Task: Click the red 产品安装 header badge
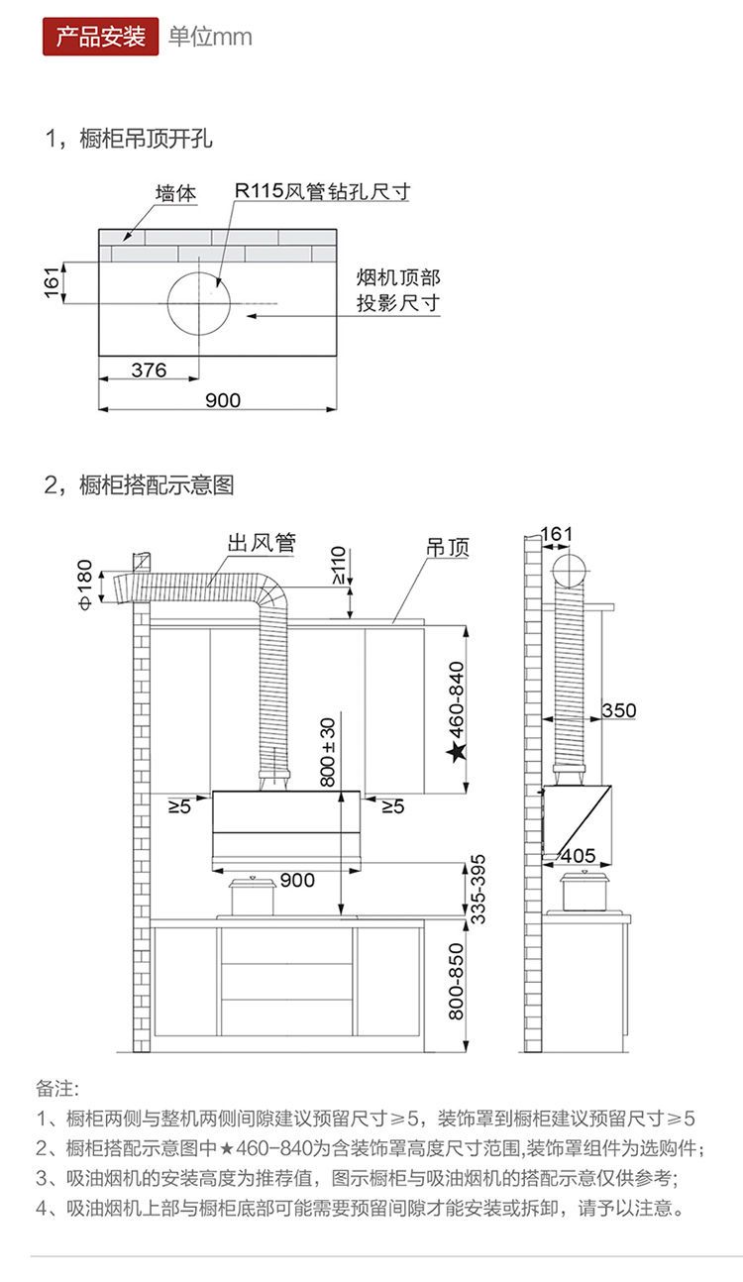click(x=100, y=37)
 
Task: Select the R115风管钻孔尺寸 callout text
click(x=322, y=191)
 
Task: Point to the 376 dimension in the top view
click(x=149, y=370)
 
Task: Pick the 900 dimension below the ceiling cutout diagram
click(x=222, y=400)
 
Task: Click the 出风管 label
click(x=262, y=543)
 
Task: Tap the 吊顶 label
click(x=447, y=547)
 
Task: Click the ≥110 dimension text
click(x=338, y=565)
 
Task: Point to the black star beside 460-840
click(x=457, y=753)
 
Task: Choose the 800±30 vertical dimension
click(x=328, y=750)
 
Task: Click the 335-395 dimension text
click(x=478, y=889)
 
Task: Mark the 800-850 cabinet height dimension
click(x=456, y=982)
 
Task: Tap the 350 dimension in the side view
click(x=618, y=710)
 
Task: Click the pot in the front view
click(x=253, y=896)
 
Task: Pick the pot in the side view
click(x=587, y=890)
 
